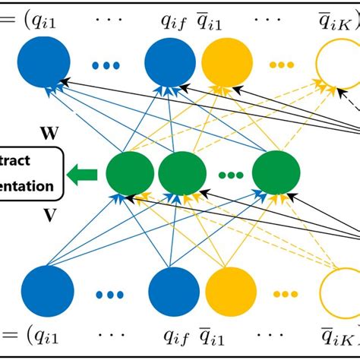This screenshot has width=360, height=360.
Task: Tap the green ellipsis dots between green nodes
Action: [230, 175]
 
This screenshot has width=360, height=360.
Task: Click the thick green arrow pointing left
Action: [81, 175]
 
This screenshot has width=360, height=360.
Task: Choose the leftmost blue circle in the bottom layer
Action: [47, 293]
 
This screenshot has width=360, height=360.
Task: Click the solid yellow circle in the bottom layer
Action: [227, 293]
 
